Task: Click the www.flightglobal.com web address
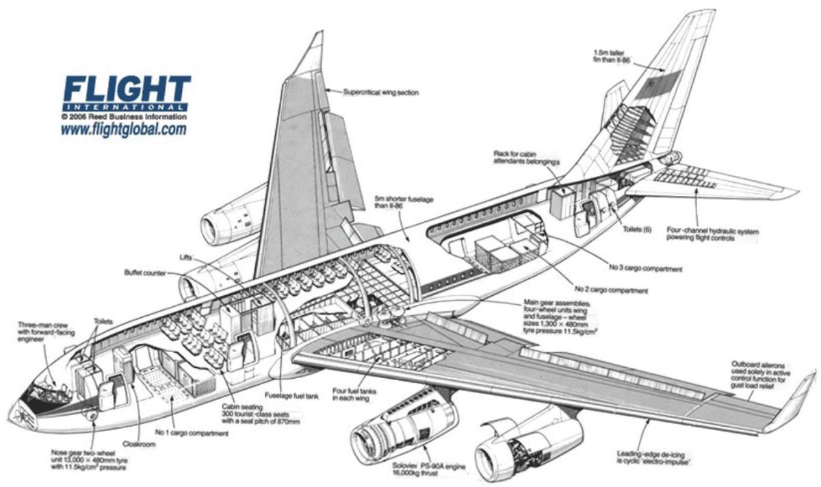(123, 129)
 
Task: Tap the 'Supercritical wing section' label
(380, 92)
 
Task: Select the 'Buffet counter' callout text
(142, 273)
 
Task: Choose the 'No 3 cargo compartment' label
(647, 269)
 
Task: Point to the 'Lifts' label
(186, 257)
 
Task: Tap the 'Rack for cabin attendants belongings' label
(526, 157)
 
